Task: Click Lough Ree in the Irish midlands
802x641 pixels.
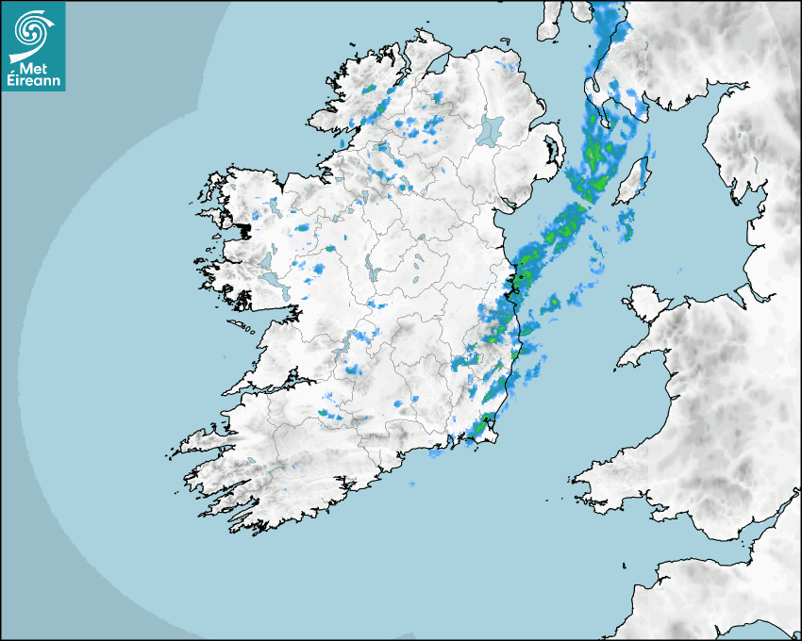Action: click(371, 271)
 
